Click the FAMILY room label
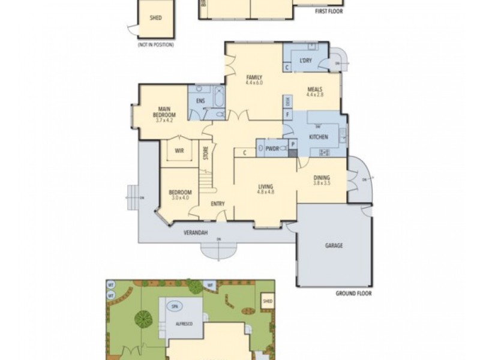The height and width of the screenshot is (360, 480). tap(254, 77)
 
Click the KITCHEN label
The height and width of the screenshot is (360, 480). tap(319, 137)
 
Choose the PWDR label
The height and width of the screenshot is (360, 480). tap(273, 148)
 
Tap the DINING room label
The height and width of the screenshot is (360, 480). tap(322, 178)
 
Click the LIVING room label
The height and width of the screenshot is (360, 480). tap(265, 186)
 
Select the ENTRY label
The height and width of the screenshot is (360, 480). tap(218, 204)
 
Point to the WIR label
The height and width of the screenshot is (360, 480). tap(179, 151)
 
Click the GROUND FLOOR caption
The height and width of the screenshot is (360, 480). tap(353, 294)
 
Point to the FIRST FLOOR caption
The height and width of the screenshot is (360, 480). tap(329, 11)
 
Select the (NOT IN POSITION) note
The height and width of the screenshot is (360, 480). tap(154, 46)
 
